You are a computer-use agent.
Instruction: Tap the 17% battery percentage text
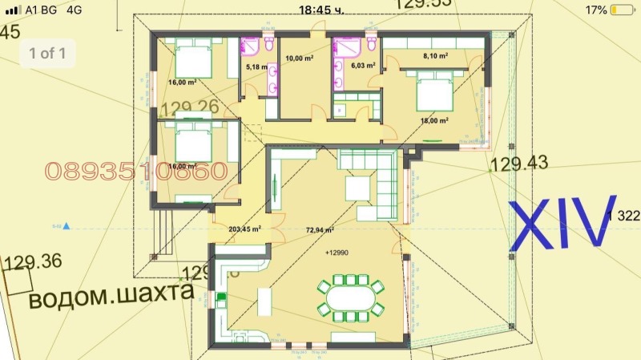tap(595, 10)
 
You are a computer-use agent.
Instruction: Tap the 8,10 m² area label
tap(435, 56)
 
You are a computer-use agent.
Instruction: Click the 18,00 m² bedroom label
tap(434, 120)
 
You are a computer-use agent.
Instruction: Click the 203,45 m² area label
tap(245, 229)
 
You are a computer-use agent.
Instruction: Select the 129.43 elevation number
tap(518, 164)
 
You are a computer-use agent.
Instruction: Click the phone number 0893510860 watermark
tap(136, 170)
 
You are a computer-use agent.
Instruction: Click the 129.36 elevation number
tap(33, 261)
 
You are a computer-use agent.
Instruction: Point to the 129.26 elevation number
tap(190, 107)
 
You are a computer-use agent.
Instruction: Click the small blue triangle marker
tap(67, 227)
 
